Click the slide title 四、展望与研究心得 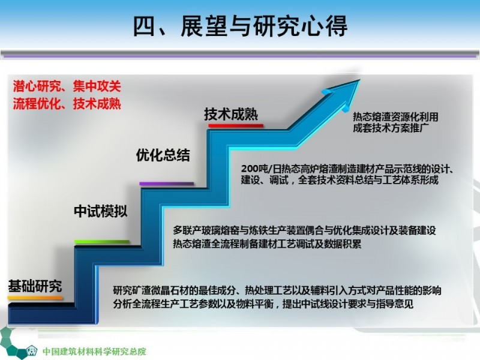pos(241,26)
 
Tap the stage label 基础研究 pos(35,286)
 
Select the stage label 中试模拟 pos(100,211)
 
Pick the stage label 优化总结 pos(163,155)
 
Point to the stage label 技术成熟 pos(231,114)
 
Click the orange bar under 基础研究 pos(35,298)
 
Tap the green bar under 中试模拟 pos(102,242)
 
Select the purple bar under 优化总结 pos(167,184)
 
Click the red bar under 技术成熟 pos(236,125)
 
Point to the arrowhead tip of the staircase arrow pos(360,80)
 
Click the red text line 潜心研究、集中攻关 pos(67,86)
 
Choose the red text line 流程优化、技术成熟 pos(67,104)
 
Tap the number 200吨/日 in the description pos(261,169)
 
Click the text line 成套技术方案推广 pos(391,128)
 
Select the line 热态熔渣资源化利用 pos(395,116)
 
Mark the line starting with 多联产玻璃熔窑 pos(304,230)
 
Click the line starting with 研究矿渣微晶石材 pos(277,290)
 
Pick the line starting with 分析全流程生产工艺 pos(263,304)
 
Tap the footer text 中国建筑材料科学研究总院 pos(94,352)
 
